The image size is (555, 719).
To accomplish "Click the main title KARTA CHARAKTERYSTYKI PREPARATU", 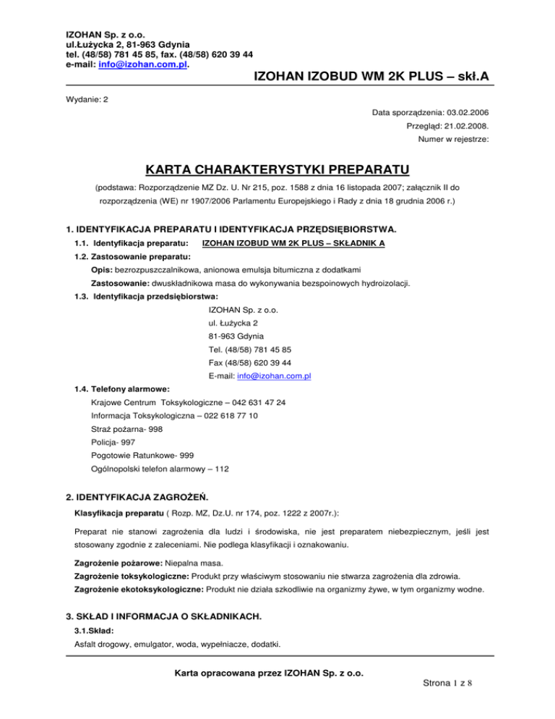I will point(277,171).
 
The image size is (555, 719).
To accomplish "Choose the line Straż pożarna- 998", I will point(126,429).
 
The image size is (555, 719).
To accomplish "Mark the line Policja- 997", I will point(113,442).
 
